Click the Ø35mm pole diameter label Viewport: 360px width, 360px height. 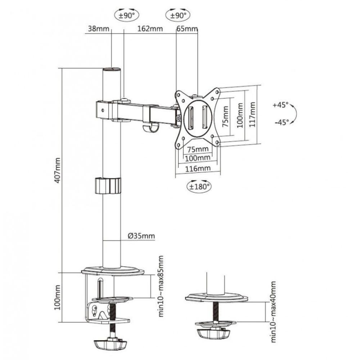tap(141, 236)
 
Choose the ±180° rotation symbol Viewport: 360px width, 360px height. tap(198, 186)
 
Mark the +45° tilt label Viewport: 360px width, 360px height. tap(281, 105)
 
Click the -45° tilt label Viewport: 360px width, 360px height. tap(281, 122)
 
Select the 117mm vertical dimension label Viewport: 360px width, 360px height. tap(253, 114)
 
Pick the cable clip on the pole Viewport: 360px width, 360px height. tap(108, 185)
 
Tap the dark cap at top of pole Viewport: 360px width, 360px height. tap(112, 69)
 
